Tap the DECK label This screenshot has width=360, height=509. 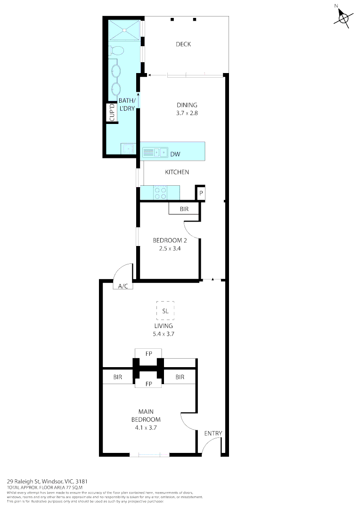(183, 44)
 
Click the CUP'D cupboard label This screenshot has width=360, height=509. (113, 113)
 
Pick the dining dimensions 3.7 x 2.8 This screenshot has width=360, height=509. (187, 113)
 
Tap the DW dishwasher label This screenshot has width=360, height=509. (175, 154)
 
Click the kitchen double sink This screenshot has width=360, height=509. (155, 152)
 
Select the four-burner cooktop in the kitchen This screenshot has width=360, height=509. (160, 192)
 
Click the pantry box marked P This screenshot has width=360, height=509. (200, 193)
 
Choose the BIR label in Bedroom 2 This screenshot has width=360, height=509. (185, 209)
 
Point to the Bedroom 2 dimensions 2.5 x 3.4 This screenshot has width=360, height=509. (167, 248)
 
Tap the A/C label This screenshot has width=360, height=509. (123, 286)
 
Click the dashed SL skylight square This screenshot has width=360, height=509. (165, 311)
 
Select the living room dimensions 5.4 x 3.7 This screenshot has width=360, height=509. (163, 334)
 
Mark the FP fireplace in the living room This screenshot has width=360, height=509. (148, 353)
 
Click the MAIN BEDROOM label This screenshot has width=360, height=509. (146, 415)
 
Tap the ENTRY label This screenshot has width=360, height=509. (213, 434)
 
